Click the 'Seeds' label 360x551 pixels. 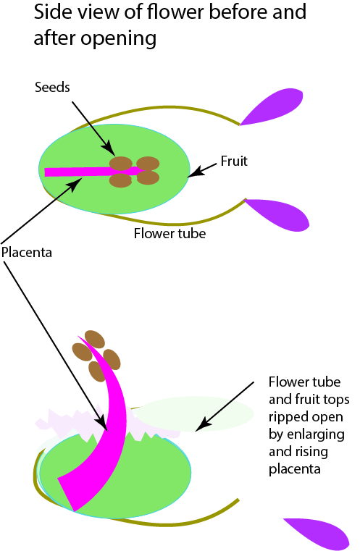click(x=52, y=87)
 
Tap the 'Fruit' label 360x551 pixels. click(x=234, y=161)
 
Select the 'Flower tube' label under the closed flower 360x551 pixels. click(x=169, y=233)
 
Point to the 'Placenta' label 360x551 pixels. click(x=27, y=252)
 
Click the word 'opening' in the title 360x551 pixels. click(x=119, y=38)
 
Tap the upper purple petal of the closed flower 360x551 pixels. click(x=272, y=106)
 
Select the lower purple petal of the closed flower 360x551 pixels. click(x=277, y=214)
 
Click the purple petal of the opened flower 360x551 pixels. click(x=317, y=534)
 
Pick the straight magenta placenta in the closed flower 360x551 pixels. click(x=93, y=172)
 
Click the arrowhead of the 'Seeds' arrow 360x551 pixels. click(x=109, y=148)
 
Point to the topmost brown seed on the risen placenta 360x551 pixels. click(x=95, y=339)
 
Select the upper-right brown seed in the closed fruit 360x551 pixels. click(x=148, y=164)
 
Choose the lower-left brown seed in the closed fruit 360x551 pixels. click(x=120, y=180)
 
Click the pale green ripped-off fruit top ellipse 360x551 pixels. click(x=194, y=413)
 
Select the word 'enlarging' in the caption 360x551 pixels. click(x=316, y=435)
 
